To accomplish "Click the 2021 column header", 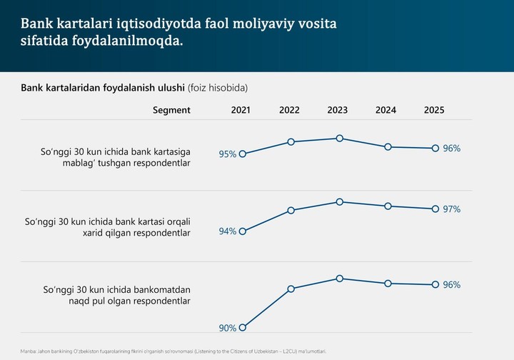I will (x=241, y=110).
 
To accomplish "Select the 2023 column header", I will (x=337, y=110).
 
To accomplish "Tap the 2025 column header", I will (x=434, y=110).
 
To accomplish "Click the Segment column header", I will (x=171, y=110).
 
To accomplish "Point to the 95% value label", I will (x=228, y=154).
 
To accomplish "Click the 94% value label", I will (x=228, y=231).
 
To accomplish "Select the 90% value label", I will (x=228, y=329).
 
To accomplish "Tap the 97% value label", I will (x=452, y=209).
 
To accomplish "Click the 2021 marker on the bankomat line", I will (x=243, y=328).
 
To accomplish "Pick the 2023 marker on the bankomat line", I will (x=340, y=279).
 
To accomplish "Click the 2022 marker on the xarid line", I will (x=291, y=211).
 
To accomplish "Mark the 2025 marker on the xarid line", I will (x=435, y=209).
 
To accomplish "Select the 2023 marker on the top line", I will (x=340, y=139).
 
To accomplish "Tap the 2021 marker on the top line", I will (x=243, y=154).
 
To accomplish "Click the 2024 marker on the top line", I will (x=388, y=147).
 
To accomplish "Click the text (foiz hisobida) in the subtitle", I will (x=218, y=88).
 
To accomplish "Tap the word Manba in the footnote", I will (x=29, y=351).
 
